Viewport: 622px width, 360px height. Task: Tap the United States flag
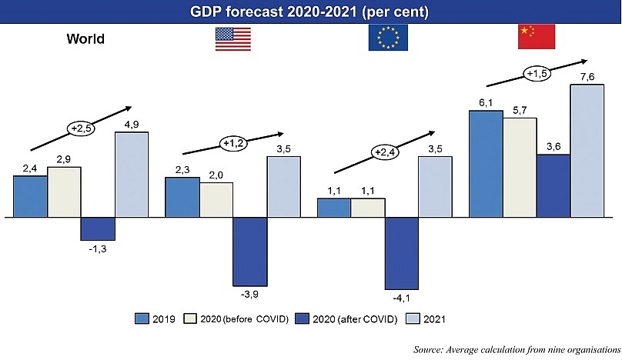[232, 38]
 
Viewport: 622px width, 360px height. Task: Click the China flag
[536, 36]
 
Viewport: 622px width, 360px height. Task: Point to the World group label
[85, 38]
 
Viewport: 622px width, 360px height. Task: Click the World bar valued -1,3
[98, 228]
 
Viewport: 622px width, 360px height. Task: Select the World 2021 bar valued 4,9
[132, 175]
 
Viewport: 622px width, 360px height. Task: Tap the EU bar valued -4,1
[401, 255]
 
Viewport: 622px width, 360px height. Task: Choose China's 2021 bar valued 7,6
[587, 151]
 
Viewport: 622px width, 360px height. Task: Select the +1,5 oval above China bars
[537, 74]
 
